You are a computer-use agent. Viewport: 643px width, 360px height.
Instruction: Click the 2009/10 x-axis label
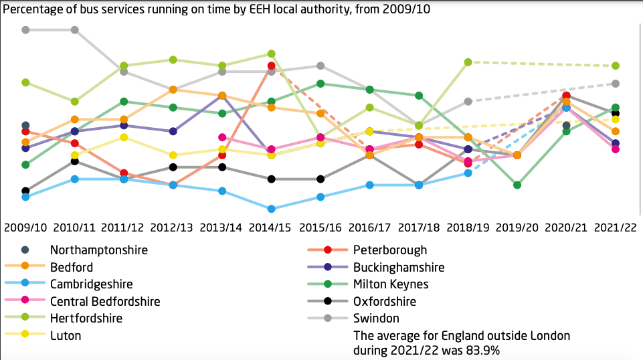(25, 228)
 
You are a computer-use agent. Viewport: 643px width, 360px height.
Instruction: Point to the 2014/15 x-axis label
(271, 228)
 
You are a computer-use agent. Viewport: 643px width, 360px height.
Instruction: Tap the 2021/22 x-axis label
(615, 228)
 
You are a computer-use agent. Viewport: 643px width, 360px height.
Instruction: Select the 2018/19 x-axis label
(468, 228)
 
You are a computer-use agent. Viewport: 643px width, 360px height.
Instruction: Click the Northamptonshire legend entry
(98, 250)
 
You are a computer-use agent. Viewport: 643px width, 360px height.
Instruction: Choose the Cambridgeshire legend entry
(91, 284)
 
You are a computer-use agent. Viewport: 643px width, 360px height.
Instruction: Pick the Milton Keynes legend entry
(389, 284)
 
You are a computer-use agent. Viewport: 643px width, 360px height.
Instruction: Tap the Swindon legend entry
(377, 319)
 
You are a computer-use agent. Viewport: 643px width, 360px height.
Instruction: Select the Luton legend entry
(66, 336)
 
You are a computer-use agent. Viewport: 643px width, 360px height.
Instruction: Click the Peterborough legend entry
(390, 250)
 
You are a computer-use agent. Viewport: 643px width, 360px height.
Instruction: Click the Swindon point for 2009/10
(25, 30)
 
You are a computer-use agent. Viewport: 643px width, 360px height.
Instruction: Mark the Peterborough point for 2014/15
(271, 66)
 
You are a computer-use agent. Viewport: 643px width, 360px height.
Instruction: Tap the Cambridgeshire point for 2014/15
(271, 209)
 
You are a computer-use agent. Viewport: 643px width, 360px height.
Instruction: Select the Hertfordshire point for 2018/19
(468, 62)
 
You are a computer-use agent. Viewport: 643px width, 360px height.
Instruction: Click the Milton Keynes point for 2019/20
(517, 185)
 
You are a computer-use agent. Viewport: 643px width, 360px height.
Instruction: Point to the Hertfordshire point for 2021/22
(615, 66)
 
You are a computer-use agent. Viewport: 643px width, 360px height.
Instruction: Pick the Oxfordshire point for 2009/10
(25, 191)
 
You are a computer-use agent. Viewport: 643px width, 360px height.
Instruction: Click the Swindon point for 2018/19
(468, 101)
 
